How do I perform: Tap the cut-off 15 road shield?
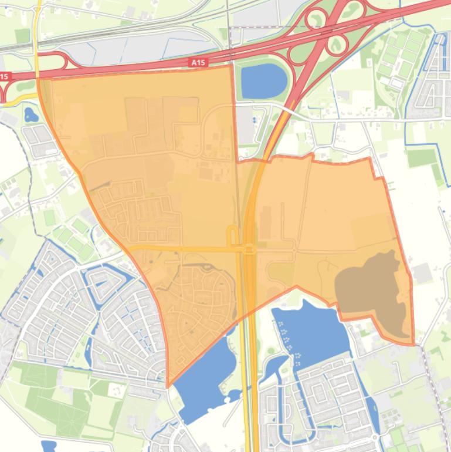pyautogui.click(x=4, y=76)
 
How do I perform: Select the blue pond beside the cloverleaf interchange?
pyautogui.click(x=264, y=80)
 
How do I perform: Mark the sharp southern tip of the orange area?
pyautogui.click(x=168, y=386)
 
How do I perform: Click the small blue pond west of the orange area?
pyautogui.click(x=30, y=114)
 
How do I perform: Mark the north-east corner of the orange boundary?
pyautogui.click(x=369, y=158)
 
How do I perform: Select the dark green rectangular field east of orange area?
pyautogui.click(x=422, y=157)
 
